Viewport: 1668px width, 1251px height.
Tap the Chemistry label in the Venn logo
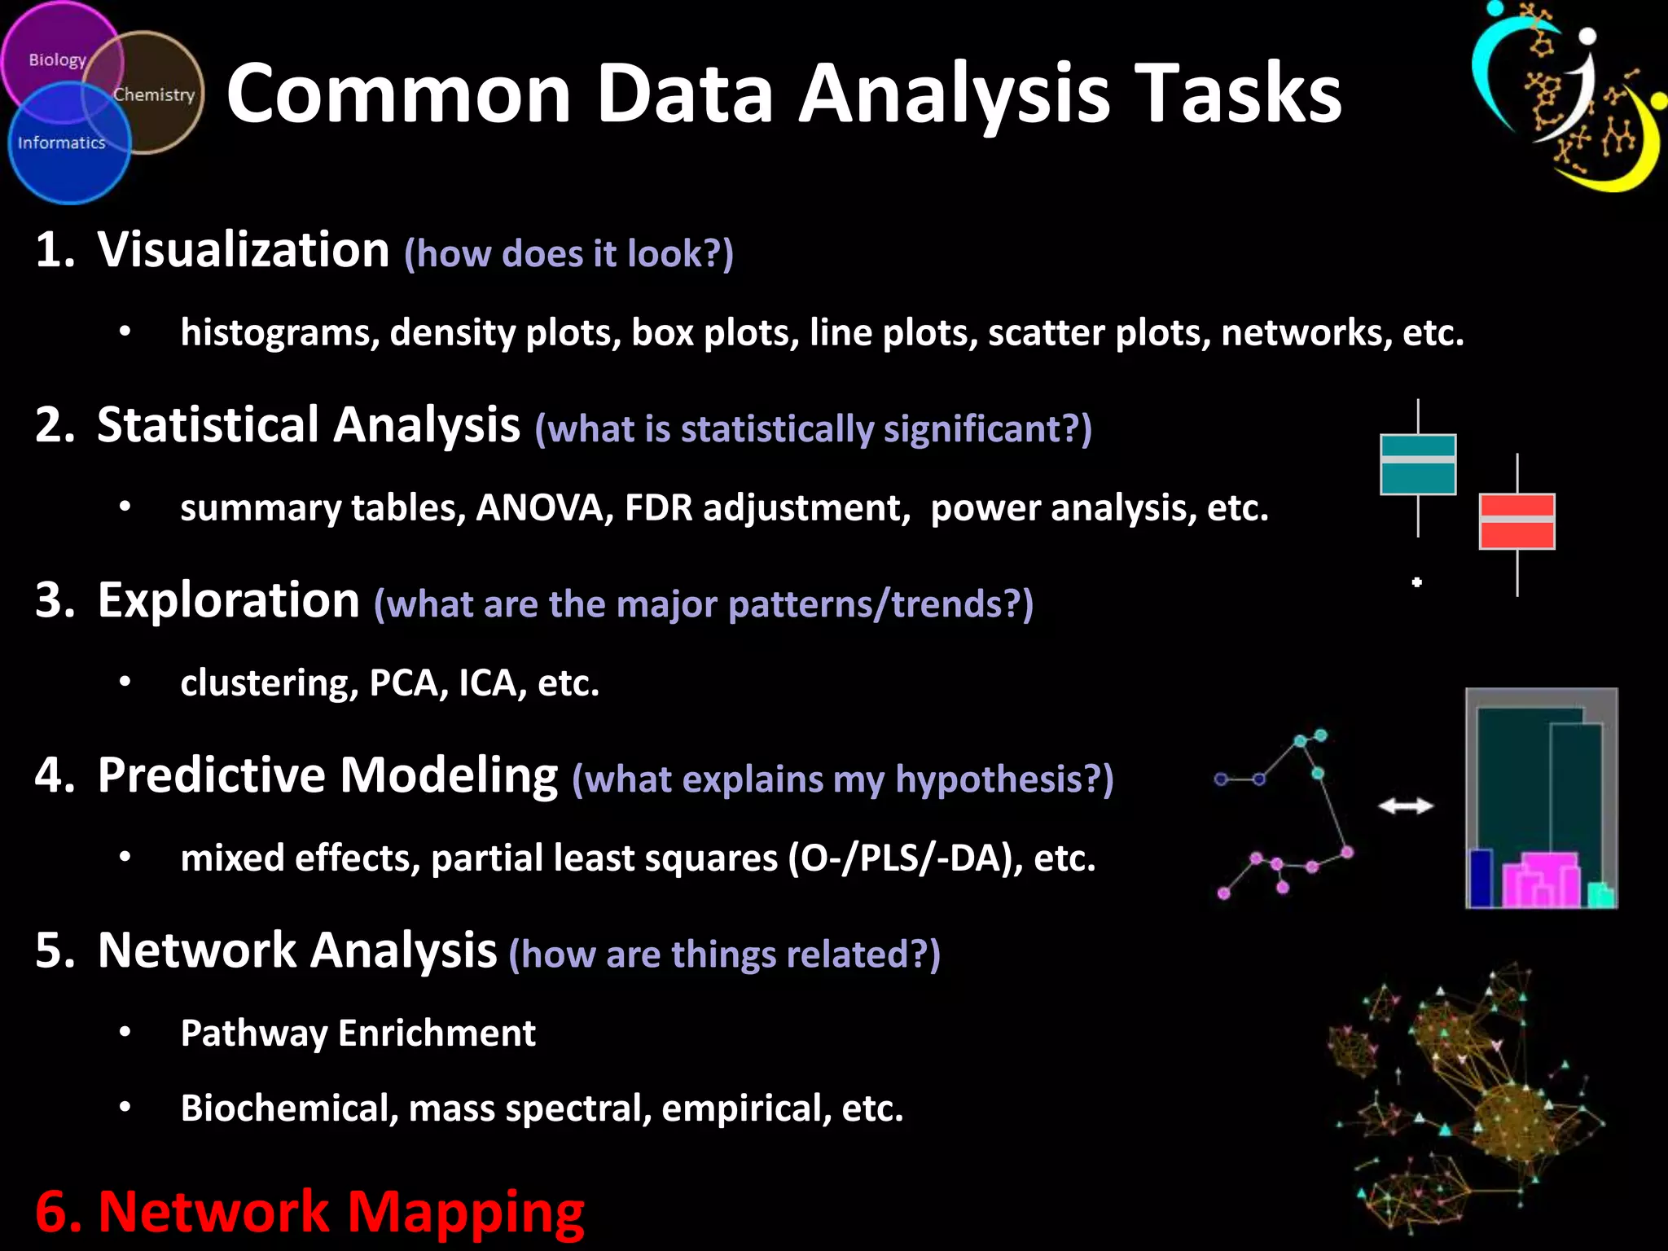[x=154, y=94]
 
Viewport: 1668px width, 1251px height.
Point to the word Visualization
[x=243, y=249]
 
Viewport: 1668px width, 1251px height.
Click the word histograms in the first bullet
[x=275, y=332]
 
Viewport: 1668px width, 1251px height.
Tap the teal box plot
[x=1418, y=464]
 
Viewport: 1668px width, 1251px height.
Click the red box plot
[x=1517, y=521]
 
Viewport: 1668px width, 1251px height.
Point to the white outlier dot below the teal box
[x=1417, y=582]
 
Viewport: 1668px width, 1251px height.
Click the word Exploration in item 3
[x=228, y=600]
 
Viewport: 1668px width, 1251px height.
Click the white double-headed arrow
[x=1406, y=805]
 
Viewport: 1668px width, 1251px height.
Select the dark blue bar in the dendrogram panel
[x=1481, y=877]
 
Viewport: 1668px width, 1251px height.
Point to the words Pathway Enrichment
[x=358, y=1033]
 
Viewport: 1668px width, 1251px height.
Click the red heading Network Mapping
[x=309, y=1212]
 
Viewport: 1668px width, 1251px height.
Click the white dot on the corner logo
[x=1587, y=37]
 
